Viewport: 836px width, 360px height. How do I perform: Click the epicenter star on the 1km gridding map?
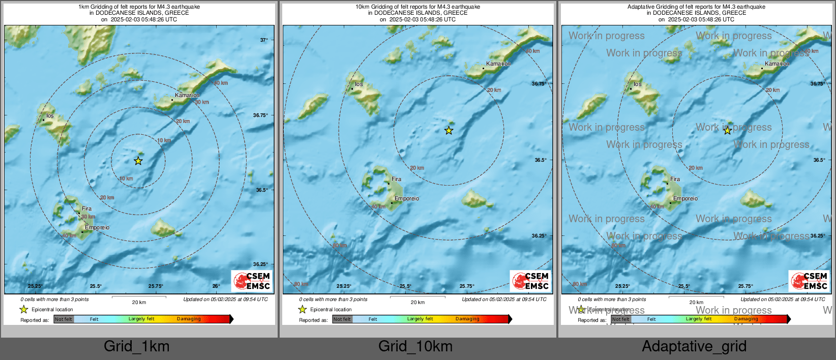click(x=138, y=161)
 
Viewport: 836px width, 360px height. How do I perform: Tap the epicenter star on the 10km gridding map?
click(x=449, y=131)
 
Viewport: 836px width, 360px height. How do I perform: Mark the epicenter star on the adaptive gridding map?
click(x=728, y=131)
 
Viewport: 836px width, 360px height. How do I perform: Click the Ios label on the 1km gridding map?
click(x=50, y=116)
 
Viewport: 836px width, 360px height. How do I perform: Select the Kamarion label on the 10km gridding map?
click(x=498, y=64)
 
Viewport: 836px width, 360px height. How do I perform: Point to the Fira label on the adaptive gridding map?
click(x=675, y=179)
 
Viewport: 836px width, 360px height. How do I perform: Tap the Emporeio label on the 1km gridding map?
click(x=97, y=228)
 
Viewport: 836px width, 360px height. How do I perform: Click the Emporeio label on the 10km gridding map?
click(x=407, y=199)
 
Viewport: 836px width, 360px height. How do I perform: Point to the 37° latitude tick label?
click(x=264, y=40)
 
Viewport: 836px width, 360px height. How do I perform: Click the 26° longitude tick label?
click(x=216, y=286)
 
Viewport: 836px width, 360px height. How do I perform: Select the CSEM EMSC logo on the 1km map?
click(x=252, y=281)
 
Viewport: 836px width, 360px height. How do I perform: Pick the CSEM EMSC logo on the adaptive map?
click(x=810, y=281)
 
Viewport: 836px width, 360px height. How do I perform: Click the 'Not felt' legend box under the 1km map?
click(x=64, y=319)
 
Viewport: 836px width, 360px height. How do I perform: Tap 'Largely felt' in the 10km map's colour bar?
click(x=420, y=319)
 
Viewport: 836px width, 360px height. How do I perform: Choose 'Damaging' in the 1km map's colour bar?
click(x=189, y=319)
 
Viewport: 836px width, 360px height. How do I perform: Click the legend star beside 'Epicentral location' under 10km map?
click(x=303, y=309)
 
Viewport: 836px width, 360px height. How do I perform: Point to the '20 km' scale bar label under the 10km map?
click(x=417, y=303)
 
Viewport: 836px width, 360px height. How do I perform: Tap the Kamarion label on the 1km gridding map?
click(x=187, y=96)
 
